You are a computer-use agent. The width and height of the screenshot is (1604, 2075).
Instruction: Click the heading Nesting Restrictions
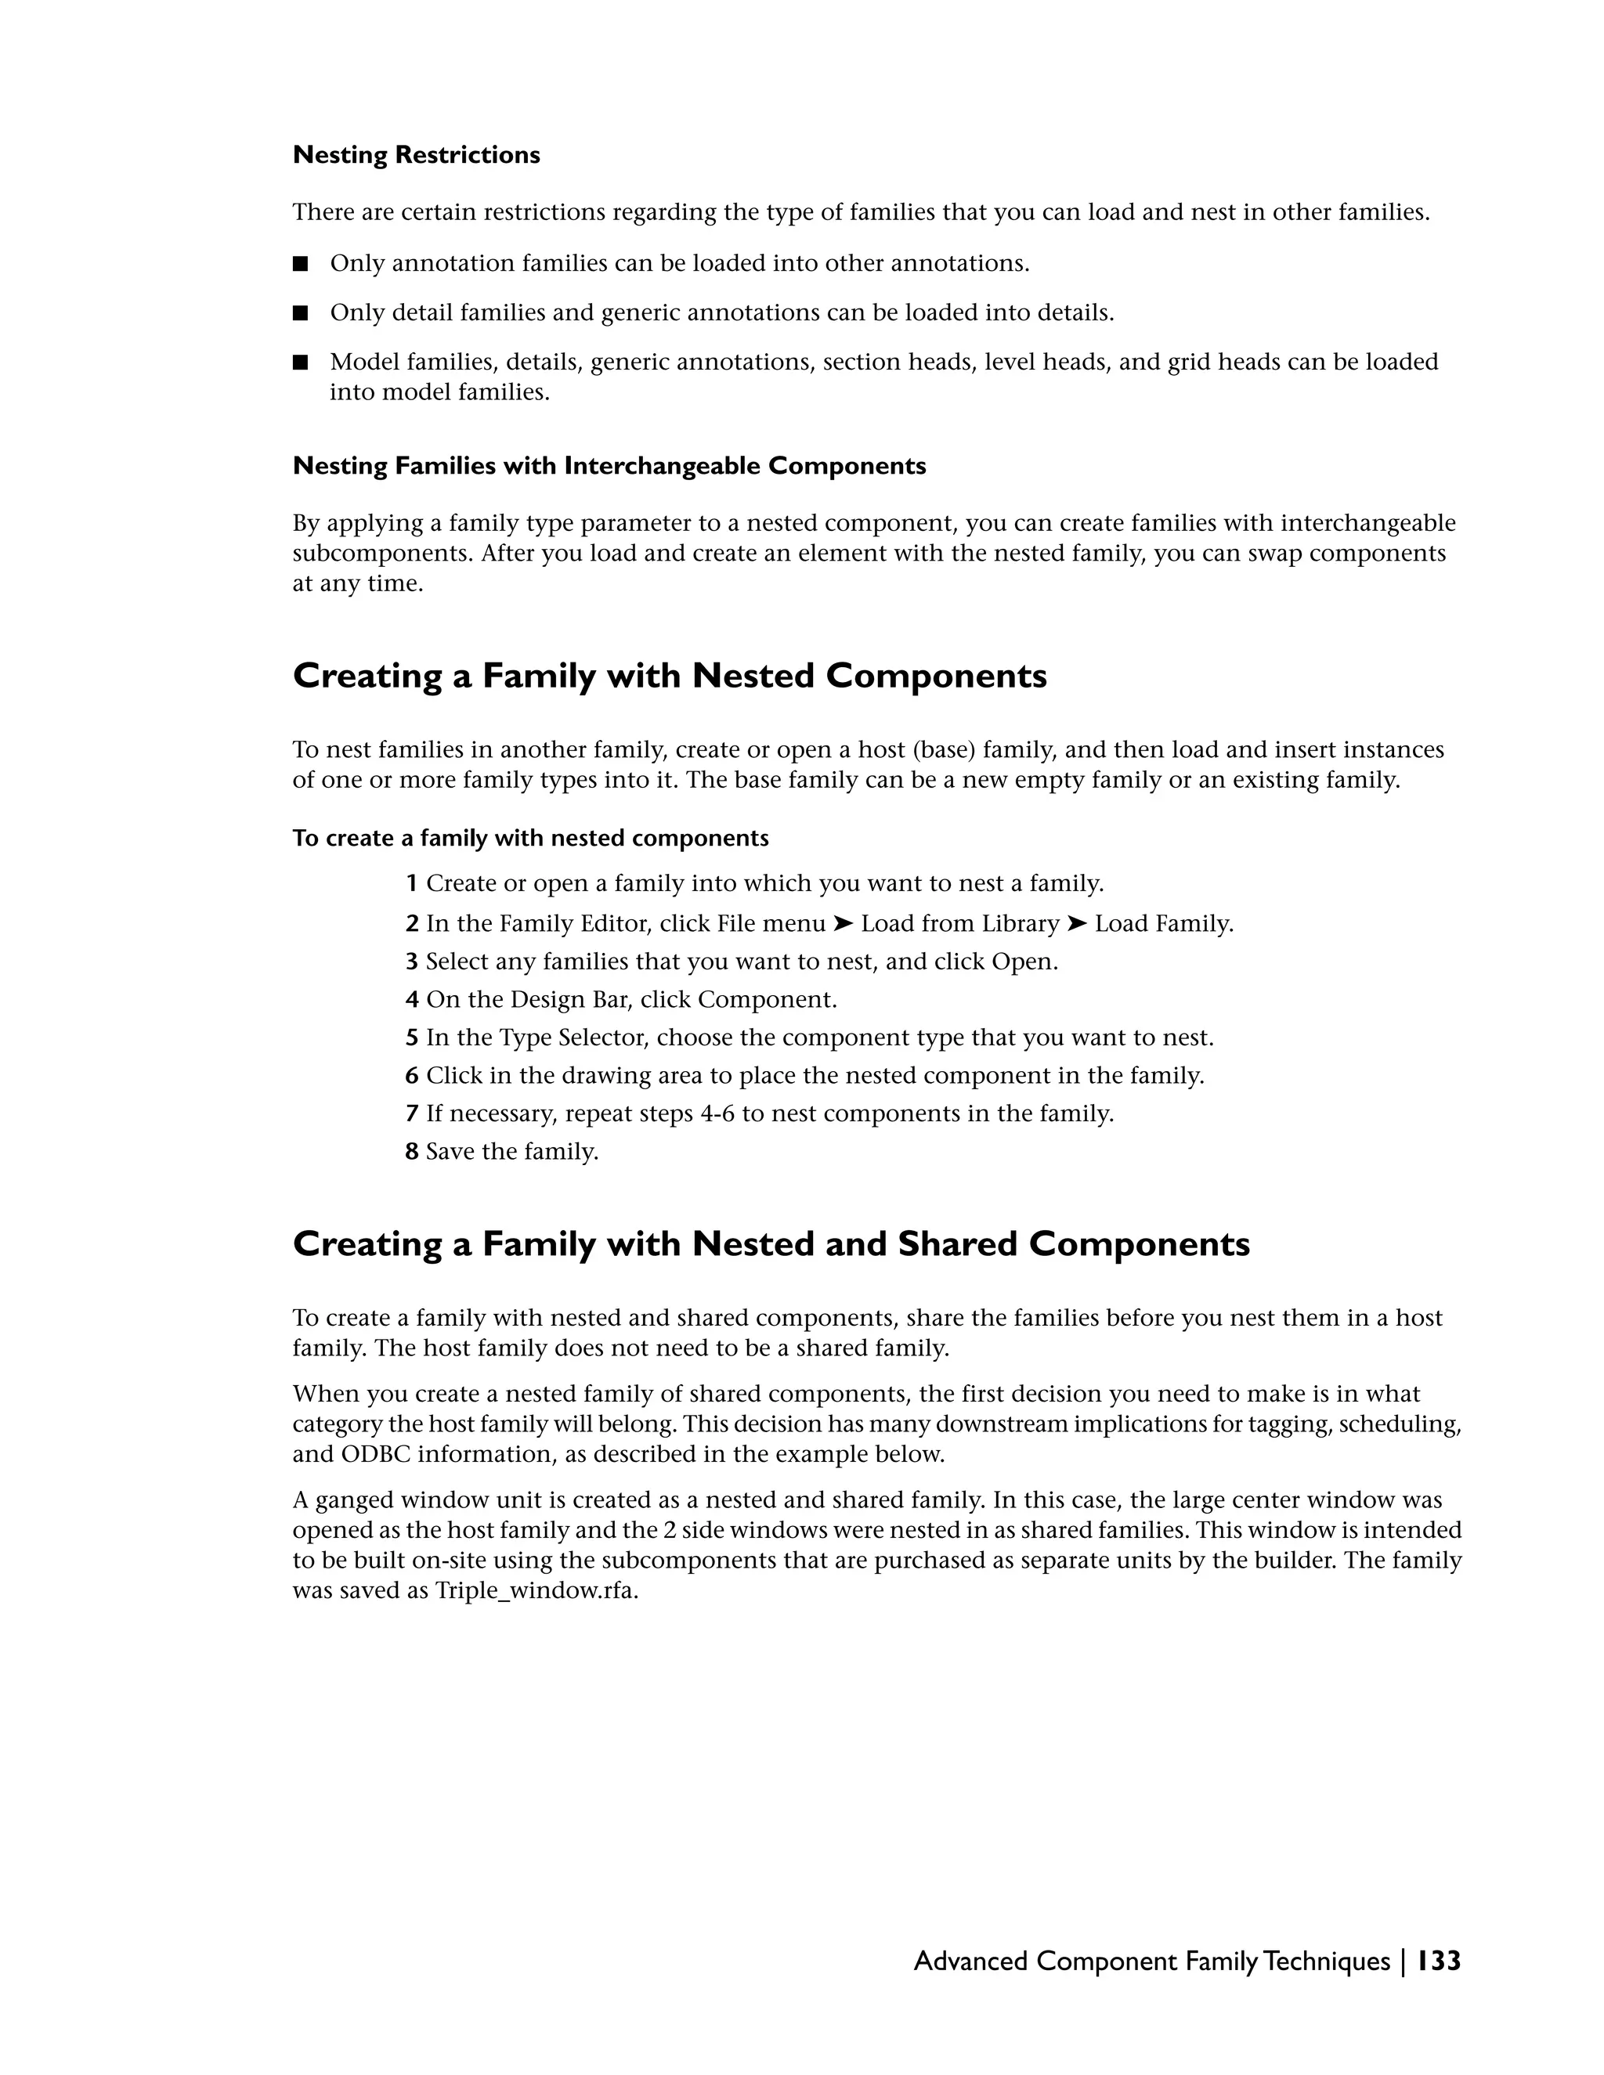[x=416, y=155]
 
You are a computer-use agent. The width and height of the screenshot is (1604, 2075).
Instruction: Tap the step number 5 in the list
[x=411, y=1037]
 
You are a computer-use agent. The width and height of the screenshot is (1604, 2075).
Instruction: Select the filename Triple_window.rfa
[x=536, y=1591]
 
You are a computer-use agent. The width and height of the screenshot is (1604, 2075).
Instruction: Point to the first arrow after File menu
[x=843, y=923]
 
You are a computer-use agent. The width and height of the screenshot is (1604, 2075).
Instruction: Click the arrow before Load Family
[x=1077, y=923]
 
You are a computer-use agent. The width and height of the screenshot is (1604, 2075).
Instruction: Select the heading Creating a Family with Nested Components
[x=669, y=677]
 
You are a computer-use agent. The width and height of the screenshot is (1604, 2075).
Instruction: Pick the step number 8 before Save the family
[x=411, y=1152]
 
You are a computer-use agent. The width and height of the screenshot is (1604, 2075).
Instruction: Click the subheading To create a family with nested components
[x=530, y=838]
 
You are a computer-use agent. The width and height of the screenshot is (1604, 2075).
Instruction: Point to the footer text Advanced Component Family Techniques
[x=1151, y=1961]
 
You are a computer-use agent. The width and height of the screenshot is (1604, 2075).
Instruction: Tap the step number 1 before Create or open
[x=411, y=883]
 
